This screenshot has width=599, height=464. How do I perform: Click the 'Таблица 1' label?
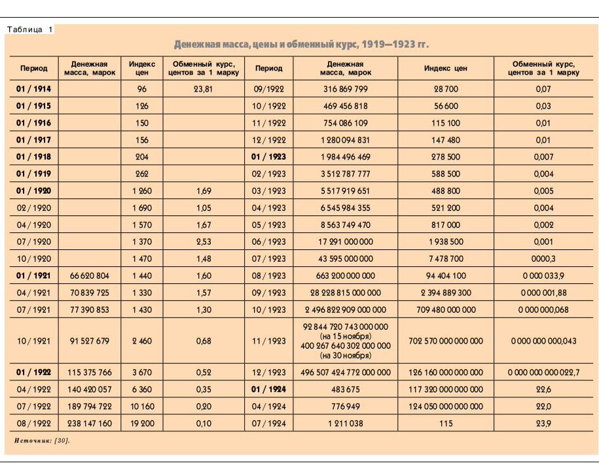[30, 29]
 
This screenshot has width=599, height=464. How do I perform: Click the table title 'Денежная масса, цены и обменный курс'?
[301, 45]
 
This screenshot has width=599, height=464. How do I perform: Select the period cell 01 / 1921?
[33, 276]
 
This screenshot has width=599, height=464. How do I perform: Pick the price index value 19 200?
[142, 423]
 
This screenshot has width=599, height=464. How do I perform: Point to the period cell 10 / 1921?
[33, 340]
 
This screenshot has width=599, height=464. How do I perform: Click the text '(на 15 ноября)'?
[345, 336]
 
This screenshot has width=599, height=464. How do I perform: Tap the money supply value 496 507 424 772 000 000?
[345, 372]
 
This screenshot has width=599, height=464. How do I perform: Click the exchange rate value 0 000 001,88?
[543, 293]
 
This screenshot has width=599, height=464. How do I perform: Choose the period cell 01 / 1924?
[269, 389]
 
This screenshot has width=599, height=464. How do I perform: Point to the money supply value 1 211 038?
[345, 423]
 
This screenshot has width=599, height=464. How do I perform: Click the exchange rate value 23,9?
[543, 423]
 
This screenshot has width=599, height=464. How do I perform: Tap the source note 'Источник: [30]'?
[42, 440]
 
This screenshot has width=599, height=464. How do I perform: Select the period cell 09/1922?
[269, 88]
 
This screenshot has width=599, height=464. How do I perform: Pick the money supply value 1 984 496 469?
[345, 156]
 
